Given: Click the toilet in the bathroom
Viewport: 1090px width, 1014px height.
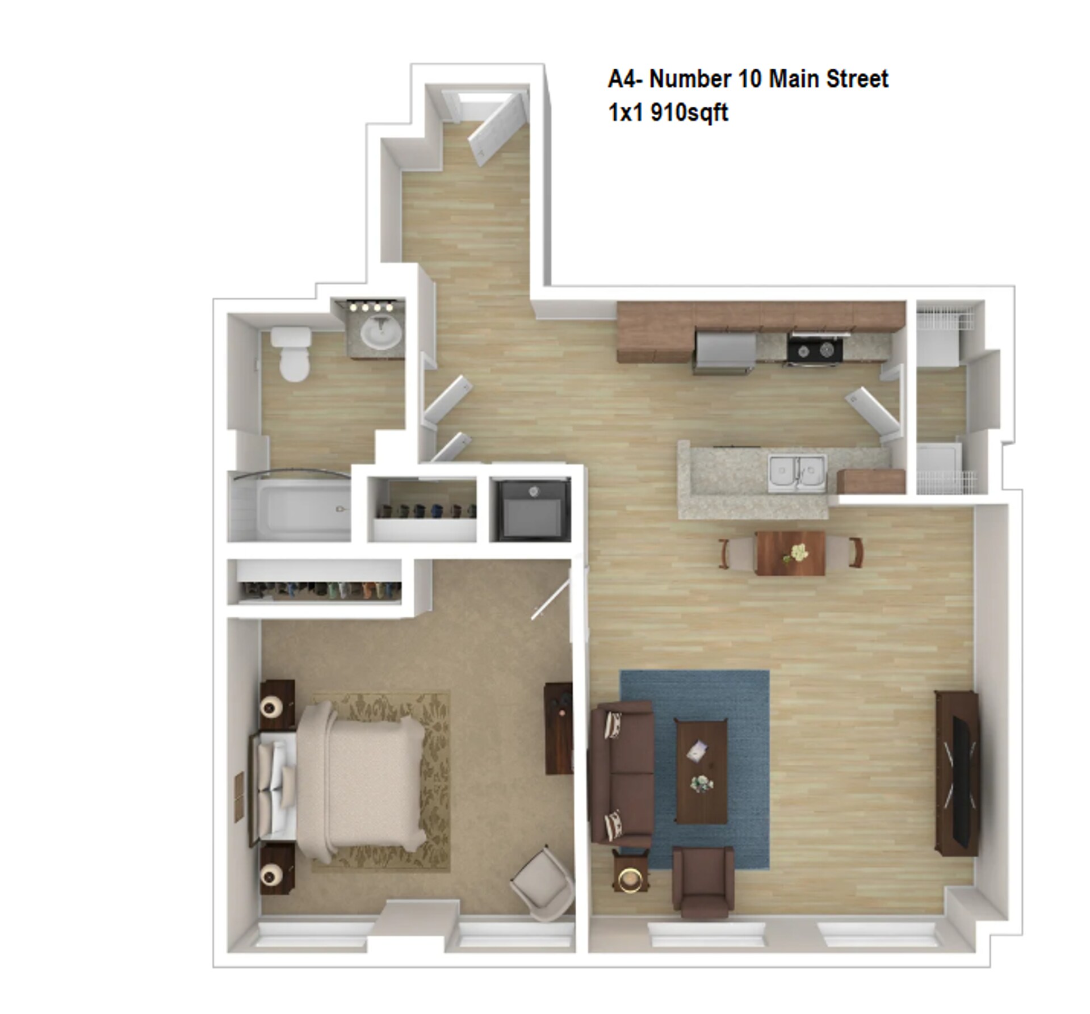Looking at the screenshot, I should [x=291, y=354].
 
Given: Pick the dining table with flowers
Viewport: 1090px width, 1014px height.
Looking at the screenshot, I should [x=790, y=554].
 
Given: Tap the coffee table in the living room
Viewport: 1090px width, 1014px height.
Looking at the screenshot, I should [x=701, y=770].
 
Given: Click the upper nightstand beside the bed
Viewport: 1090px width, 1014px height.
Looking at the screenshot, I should [x=277, y=704].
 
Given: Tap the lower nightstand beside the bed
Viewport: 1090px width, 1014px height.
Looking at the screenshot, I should [x=277, y=869].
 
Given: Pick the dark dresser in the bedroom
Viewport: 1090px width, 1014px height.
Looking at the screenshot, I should [x=558, y=728].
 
